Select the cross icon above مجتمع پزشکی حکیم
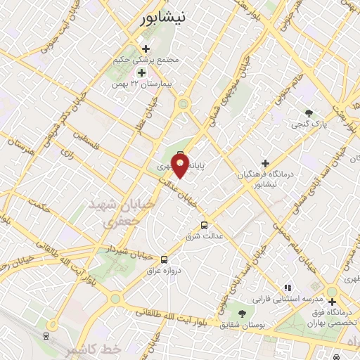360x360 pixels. pos(146,49)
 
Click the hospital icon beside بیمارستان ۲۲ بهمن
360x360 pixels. pos(141,72)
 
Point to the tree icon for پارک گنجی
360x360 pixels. pos(309,112)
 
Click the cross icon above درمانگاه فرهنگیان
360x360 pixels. pos(265,162)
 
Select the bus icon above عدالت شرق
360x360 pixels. pos(204,225)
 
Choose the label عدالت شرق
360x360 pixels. pos(205,236)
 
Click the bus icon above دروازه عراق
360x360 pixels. pos(164,259)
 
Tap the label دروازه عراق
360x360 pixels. pos(164,270)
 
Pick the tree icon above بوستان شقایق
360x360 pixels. pos(243,314)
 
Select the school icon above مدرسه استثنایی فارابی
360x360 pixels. pos(287,288)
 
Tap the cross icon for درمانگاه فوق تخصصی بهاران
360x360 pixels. pos(332,302)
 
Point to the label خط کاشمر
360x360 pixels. pos(94,349)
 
